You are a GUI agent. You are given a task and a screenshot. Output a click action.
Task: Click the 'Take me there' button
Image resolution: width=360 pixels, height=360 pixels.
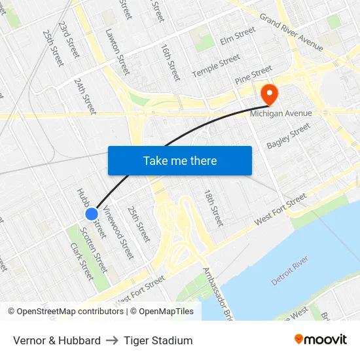[x=179, y=160]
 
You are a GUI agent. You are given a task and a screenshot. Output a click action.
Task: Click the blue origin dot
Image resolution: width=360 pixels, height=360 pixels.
[x=92, y=213]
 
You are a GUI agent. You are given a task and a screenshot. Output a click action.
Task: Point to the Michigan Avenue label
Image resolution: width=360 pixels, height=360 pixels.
[x=281, y=113]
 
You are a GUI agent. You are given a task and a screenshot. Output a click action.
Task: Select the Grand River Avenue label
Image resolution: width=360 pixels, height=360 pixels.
[x=291, y=33]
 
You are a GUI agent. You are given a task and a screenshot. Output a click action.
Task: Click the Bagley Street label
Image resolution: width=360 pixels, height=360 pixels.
[x=288, y=136]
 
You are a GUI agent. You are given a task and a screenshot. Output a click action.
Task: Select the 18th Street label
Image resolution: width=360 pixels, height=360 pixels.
[x=213, y=208]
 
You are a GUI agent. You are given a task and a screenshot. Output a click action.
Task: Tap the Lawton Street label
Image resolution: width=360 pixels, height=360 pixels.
[x=118, y=51]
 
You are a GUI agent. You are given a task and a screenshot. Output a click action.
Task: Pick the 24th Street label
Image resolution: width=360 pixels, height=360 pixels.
[x=85, y=96]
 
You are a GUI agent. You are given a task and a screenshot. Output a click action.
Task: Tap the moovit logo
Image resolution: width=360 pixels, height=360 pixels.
[x=321, y=340]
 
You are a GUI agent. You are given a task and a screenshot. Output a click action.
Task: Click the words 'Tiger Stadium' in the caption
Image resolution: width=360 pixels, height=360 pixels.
[x=158, y=340]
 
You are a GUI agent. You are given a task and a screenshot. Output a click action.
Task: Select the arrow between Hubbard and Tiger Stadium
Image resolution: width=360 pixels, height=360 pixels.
[x=112, y=340]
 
